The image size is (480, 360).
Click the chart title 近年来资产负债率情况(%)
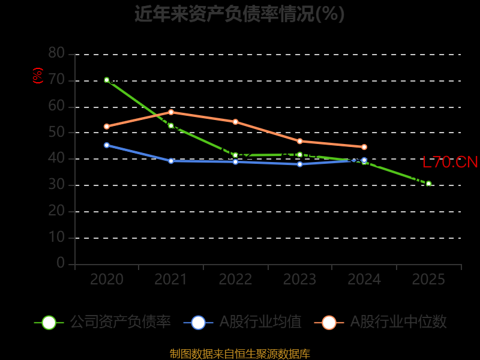239,14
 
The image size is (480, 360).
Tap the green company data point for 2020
107,80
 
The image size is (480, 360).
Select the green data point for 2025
428,184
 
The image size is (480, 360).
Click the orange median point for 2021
171,112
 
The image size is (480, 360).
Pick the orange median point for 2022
235,122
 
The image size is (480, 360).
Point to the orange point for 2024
364,147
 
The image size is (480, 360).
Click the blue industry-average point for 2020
107,145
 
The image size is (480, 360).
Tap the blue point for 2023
299,164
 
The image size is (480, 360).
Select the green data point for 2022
235,155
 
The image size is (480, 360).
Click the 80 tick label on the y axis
56,53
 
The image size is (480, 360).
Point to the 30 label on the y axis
56,185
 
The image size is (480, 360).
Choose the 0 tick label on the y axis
61,263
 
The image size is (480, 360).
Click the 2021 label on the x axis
171,279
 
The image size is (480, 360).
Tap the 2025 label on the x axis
428,279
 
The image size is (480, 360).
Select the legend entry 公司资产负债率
102,322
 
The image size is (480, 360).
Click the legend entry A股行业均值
242,322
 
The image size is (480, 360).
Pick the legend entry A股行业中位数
380,322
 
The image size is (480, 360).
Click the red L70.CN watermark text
450,162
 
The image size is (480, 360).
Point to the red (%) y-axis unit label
38,76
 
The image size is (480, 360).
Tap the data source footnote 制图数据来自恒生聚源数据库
239,353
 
